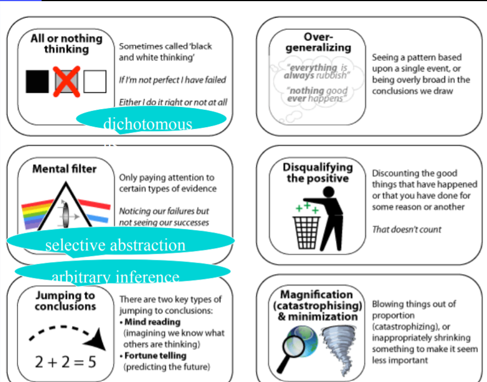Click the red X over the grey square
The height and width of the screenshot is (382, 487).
click(x=66, y=82)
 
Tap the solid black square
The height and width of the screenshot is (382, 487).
click(x=38, y=82)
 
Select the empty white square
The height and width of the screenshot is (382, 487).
click(x=95, y=82)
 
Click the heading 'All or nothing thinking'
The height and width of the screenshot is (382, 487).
click(x=66, y=43)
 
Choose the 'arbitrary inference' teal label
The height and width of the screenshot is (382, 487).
click(x=116, y=276)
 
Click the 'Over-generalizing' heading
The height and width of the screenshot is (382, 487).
click(x=318, y=43)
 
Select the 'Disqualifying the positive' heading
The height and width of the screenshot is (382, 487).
click(x=317, y=173)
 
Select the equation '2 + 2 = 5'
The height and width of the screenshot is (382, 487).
click(x=65, y=361)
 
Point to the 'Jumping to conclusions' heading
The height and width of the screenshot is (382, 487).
click(x=65, y=300)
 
